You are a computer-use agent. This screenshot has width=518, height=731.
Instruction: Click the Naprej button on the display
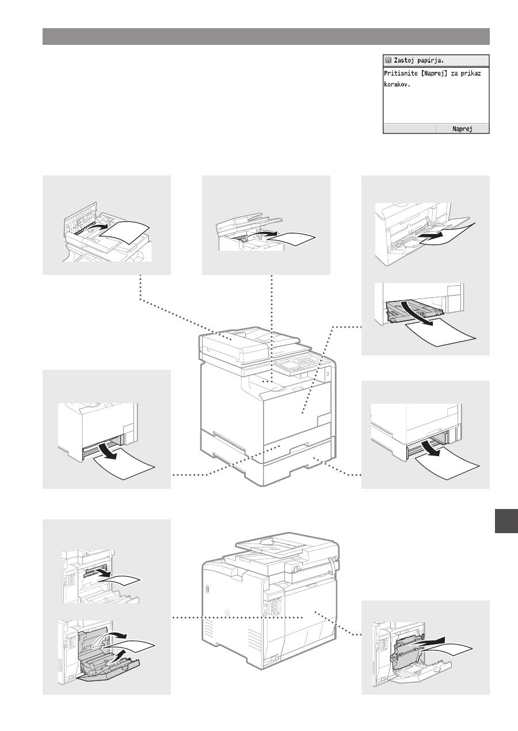(x=462, y=129)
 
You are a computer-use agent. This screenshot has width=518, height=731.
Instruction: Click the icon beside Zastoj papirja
(x=388, y=60)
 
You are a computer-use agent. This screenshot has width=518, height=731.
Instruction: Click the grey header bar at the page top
(x=266, y=36)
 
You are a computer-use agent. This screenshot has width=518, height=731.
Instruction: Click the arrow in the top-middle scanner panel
(x=265, y=234)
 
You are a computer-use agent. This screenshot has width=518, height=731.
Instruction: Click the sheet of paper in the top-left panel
(x=125, y=233)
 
